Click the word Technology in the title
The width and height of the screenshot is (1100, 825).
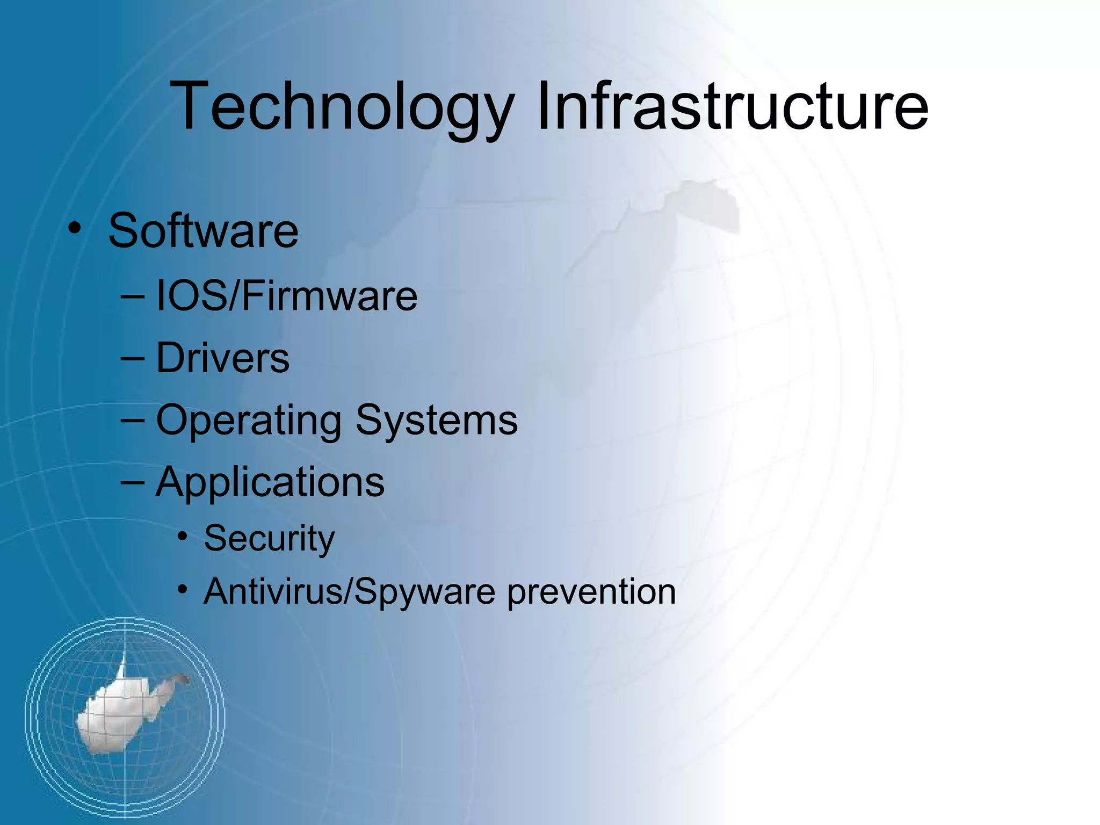342,106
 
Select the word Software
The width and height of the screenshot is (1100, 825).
203,231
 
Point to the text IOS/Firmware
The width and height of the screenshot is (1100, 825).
286,296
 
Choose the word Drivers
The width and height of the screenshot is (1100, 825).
222,358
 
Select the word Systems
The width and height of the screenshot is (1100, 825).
436,419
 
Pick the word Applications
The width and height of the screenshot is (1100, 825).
270,482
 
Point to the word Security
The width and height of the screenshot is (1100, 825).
269,538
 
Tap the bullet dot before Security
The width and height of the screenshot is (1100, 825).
183,536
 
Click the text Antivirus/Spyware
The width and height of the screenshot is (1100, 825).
350,592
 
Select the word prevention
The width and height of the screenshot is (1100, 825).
591,592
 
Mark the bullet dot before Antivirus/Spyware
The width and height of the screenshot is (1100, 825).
183,590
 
